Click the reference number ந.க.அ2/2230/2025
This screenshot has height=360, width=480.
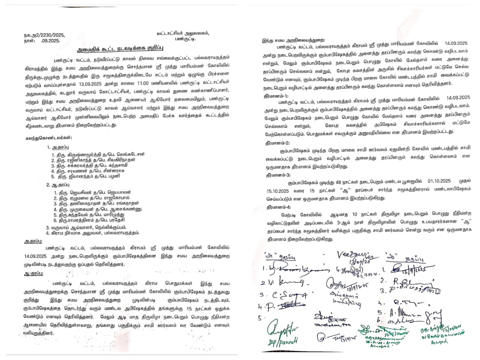coord(44,35)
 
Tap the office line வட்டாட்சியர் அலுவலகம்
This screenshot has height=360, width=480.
coord(183,33)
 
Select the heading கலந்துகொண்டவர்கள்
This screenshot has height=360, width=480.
coord(49,138)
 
